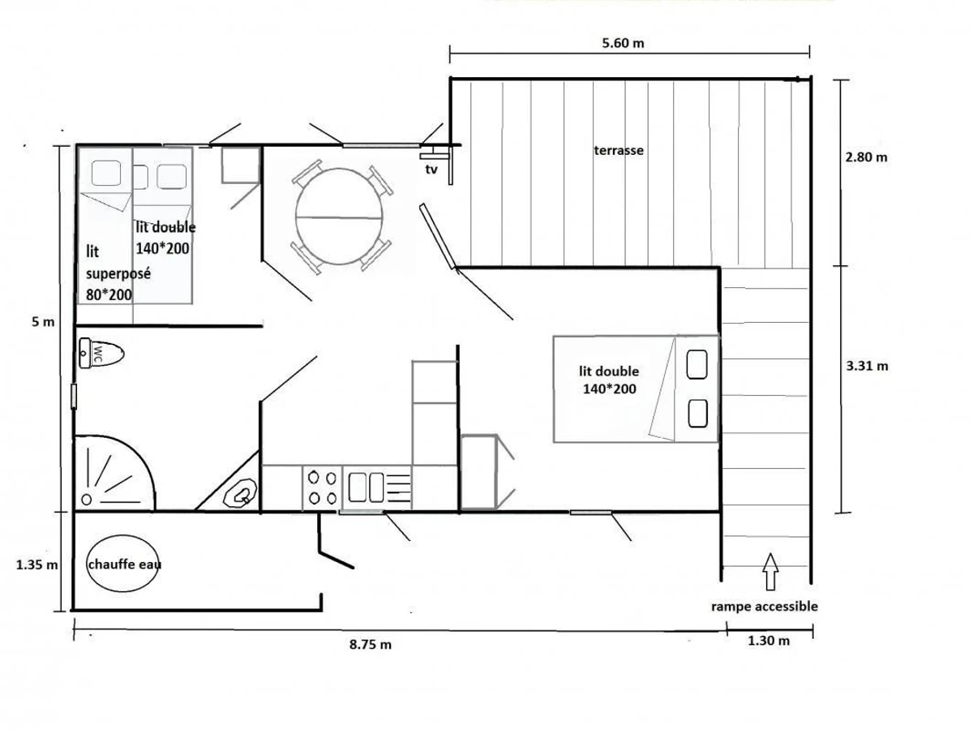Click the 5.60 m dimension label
(623, 44)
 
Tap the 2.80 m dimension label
(866, 157)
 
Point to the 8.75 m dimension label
(371, 645)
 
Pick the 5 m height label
(43, 322)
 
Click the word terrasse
(619, 150)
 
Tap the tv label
(431, 170)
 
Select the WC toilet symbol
(101, 354)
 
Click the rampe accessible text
(764, 606)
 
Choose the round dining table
(339, 217)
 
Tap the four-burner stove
(322, 487)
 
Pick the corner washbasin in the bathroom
(241, 492)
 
